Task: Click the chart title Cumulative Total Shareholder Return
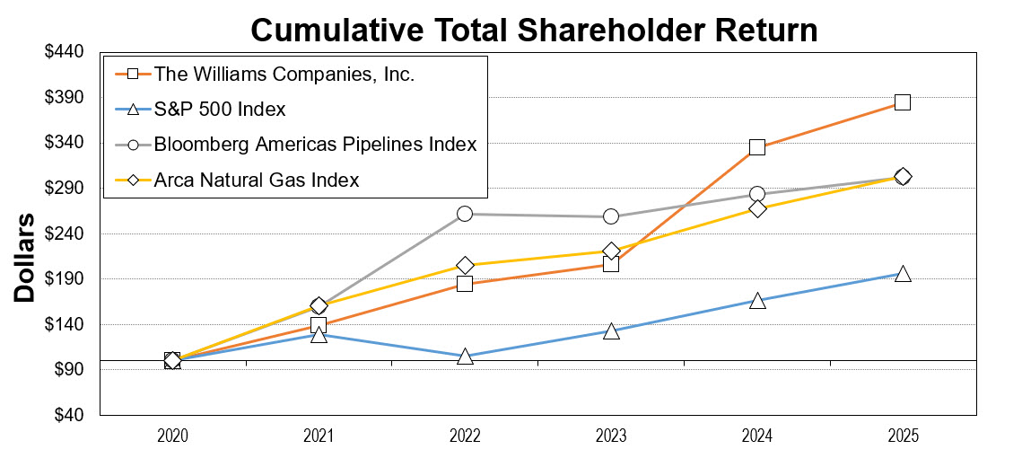coord(534,29)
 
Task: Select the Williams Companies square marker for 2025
coord(903,102)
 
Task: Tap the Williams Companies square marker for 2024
coord(756,146)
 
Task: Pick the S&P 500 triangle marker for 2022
coord(465,357)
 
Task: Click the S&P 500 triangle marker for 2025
coord(903,274)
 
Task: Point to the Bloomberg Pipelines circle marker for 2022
coord(465,214)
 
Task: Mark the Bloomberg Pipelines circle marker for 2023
coord(611,216)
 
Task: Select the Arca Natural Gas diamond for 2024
coord(756,208)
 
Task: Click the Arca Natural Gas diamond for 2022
coord(465,265)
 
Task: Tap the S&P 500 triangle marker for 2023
coord(611,331)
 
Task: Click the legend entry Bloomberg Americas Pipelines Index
coord(315,144)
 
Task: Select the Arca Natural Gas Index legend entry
coord(257,180)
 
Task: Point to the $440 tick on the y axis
coord(64,52)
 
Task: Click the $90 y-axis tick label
coord(67,370)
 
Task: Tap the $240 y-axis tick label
coord(64,233)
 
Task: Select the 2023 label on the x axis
coord(611,436)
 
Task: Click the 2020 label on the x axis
coord(172,436)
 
